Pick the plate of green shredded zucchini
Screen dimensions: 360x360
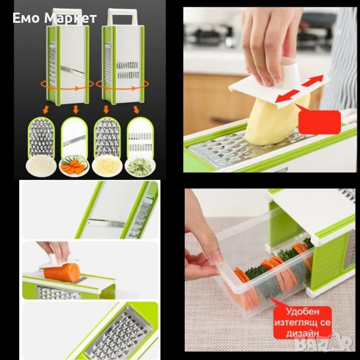tap(140, 166)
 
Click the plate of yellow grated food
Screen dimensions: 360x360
tap(107, 166)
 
